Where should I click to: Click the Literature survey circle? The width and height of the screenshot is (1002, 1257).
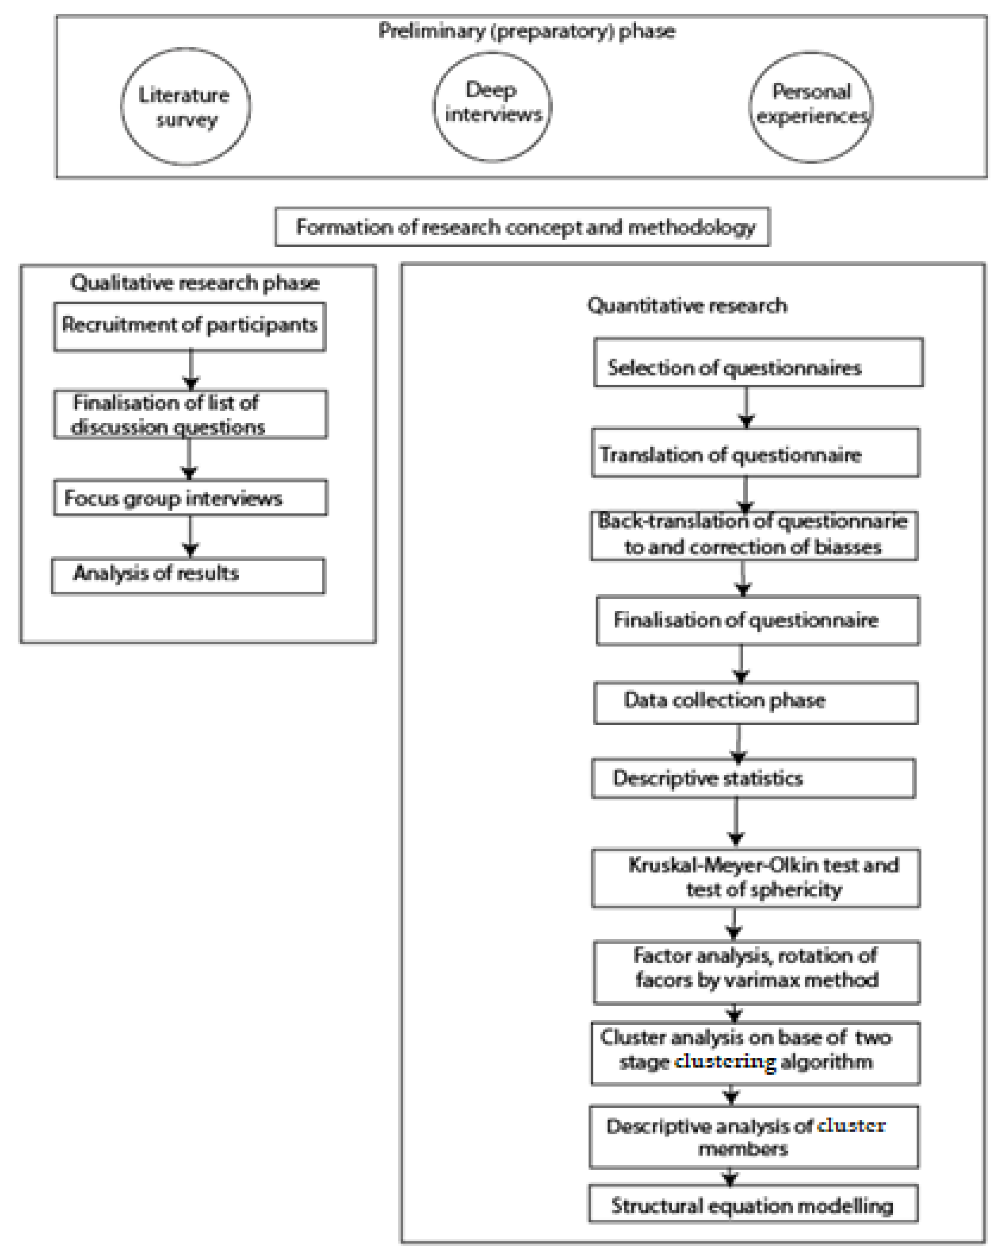click(x=186, y=107)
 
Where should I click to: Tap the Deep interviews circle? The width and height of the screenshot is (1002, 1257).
click(x=492, y=107)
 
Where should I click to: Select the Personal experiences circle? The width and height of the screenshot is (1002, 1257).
click(x=811, y=107)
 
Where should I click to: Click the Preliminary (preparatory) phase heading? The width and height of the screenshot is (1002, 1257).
click(x=527, y=30)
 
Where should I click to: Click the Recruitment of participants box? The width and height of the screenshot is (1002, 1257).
click(x=189, y=326)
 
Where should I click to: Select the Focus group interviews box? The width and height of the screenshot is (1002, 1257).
click(x=190, y=498)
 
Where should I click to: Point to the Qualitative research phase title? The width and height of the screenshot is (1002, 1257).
click(x=195, y=283)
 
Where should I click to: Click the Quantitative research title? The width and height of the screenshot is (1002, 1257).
click(x=687, y=305)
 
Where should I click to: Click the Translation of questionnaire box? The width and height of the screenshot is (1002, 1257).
click(x=756, y=453)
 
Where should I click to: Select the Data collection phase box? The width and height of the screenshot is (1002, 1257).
click(x=756, y=703)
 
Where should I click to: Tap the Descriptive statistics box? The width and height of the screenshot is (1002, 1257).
click(x=753, y=778)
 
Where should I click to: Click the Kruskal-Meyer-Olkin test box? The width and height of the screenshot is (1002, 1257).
click(x=756, y=878)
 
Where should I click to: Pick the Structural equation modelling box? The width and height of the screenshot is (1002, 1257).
click(x=753, y=1205)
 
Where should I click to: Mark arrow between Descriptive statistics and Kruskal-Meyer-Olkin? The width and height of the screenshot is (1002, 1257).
click(x=736, y=822)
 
